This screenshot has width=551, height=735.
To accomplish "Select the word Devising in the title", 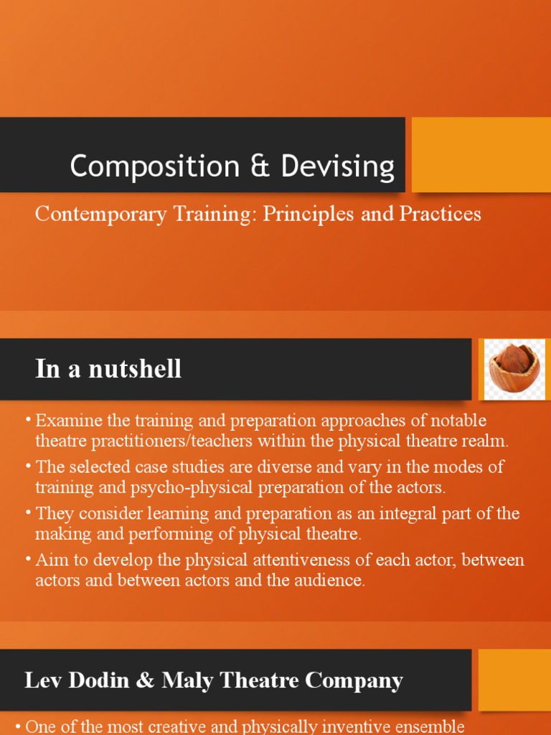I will click(x=338, y=167).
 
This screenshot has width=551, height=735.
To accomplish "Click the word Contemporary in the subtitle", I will click(x=89, y=214).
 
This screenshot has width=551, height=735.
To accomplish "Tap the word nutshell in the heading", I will click(x=137, y=369).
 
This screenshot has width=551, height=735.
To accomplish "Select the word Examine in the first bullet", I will click(x=65, y=420).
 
